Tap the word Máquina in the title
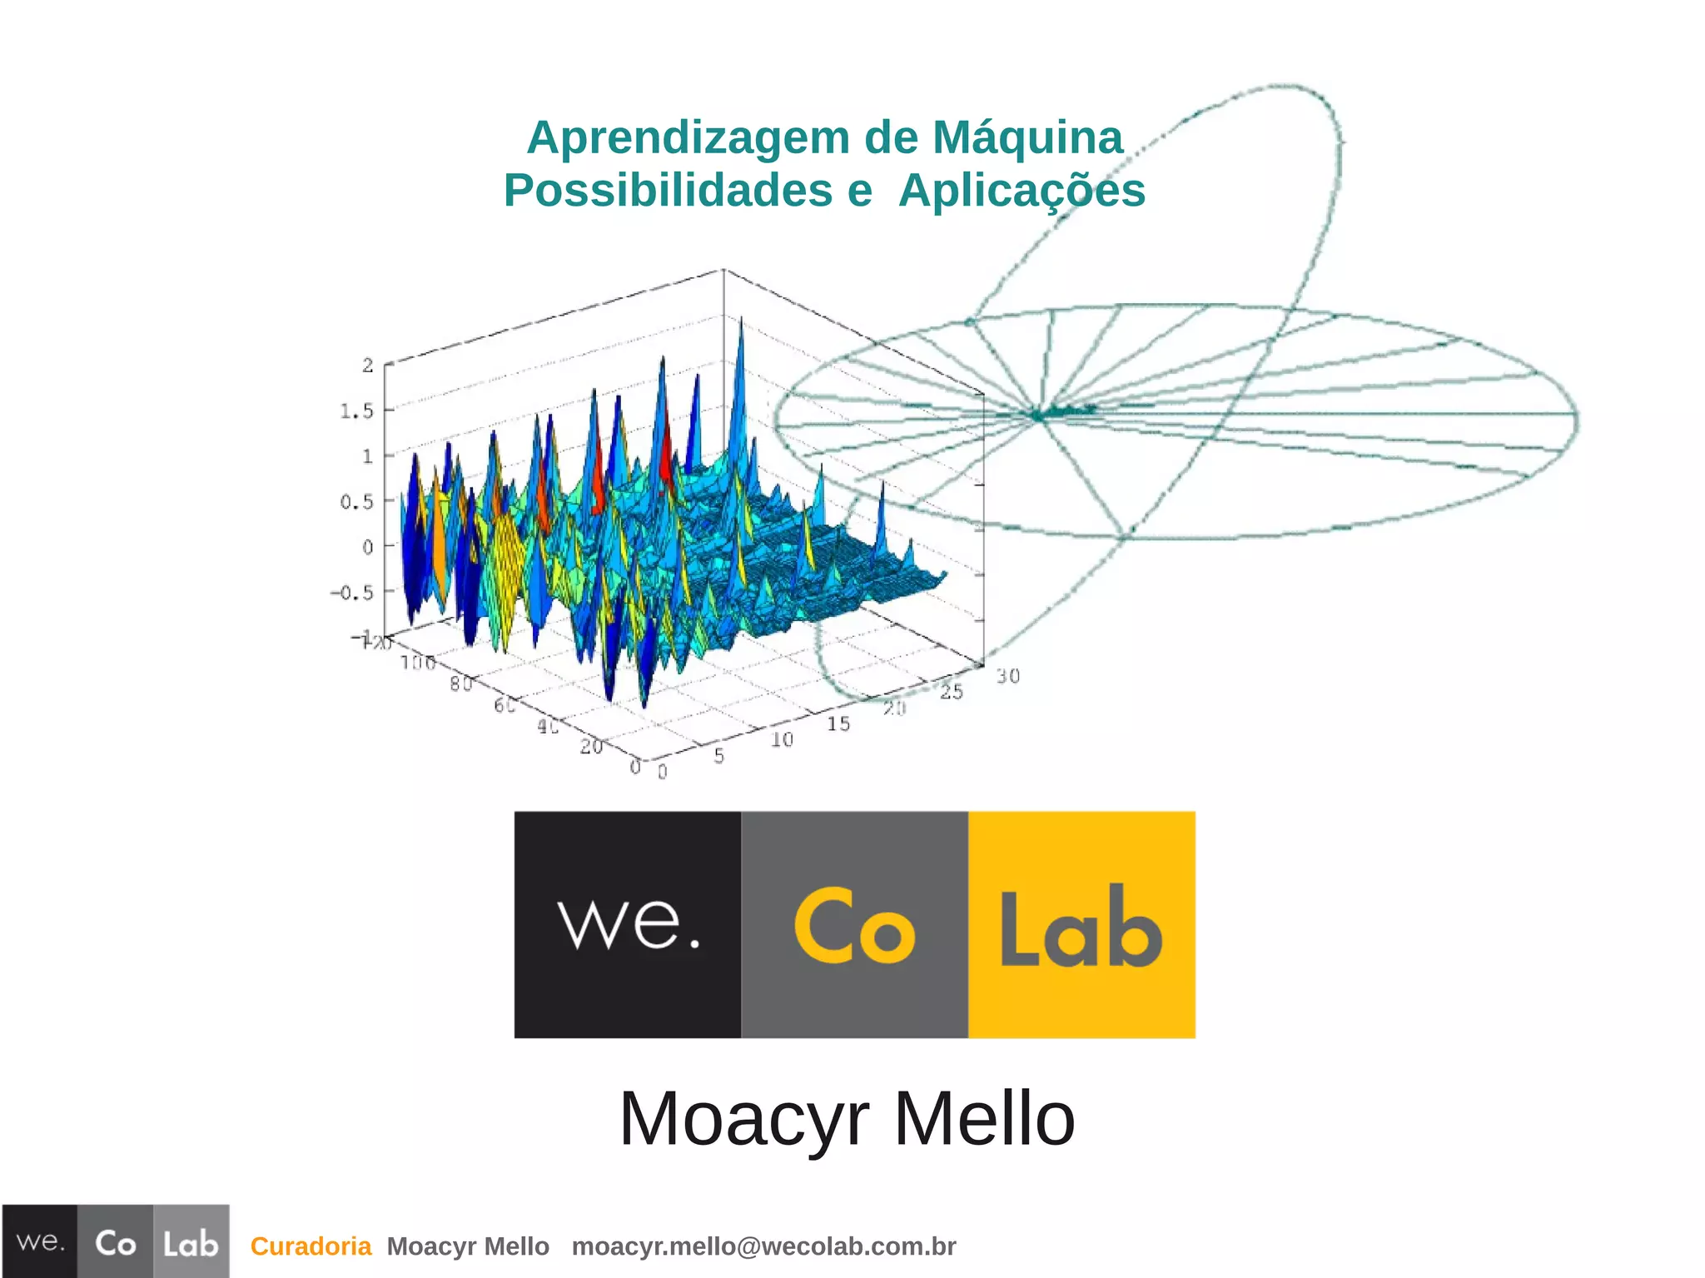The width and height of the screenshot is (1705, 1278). (1027, 137)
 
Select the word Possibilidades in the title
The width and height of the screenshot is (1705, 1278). (668, 191)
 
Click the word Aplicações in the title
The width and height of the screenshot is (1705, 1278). (1022, 191)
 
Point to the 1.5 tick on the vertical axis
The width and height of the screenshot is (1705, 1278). (356, 410)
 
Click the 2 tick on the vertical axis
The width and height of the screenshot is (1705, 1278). (367, 365)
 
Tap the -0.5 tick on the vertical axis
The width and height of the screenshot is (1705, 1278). (352, 593)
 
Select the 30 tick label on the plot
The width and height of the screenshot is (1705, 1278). (1007, 676)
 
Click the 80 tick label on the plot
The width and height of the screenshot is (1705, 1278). (460, 684)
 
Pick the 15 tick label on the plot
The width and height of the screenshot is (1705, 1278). (838, 724)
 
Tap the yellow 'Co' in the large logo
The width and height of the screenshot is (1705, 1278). (854, 926)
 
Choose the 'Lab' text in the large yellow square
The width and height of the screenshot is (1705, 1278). (1081, 927)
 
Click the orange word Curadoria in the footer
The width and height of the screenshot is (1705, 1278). (311, 1246)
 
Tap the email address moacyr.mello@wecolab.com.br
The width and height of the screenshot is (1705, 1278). (763, 1246)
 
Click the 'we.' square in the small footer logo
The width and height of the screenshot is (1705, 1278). (40, 1241)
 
